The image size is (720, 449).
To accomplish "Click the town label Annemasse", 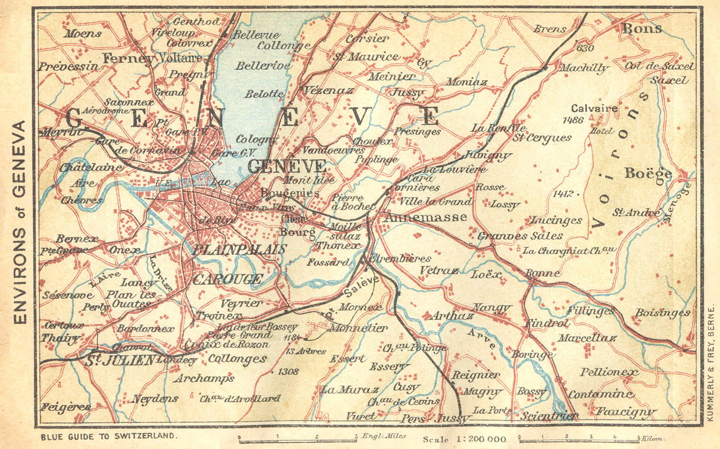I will coord(425,217).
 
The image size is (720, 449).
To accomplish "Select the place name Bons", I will coord(642,28).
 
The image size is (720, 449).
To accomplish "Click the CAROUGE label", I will coord(228,279).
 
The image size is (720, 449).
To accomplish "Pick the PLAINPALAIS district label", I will coord(239,250).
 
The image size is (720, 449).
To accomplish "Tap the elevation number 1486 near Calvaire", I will coord(572,120).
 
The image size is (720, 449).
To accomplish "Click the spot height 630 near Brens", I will coord(585,48).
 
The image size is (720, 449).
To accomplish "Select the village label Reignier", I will coord(476,375).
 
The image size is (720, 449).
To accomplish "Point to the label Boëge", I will coord(648,173).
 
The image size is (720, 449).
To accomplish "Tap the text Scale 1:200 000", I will coord(464,439).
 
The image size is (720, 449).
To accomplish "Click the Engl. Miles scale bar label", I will coord(384,436).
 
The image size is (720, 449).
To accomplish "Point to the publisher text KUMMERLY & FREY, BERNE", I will coord(711,364).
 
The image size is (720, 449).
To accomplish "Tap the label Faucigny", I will coord(625,411).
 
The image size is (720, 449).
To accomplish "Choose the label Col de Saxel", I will coord(660,66).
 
